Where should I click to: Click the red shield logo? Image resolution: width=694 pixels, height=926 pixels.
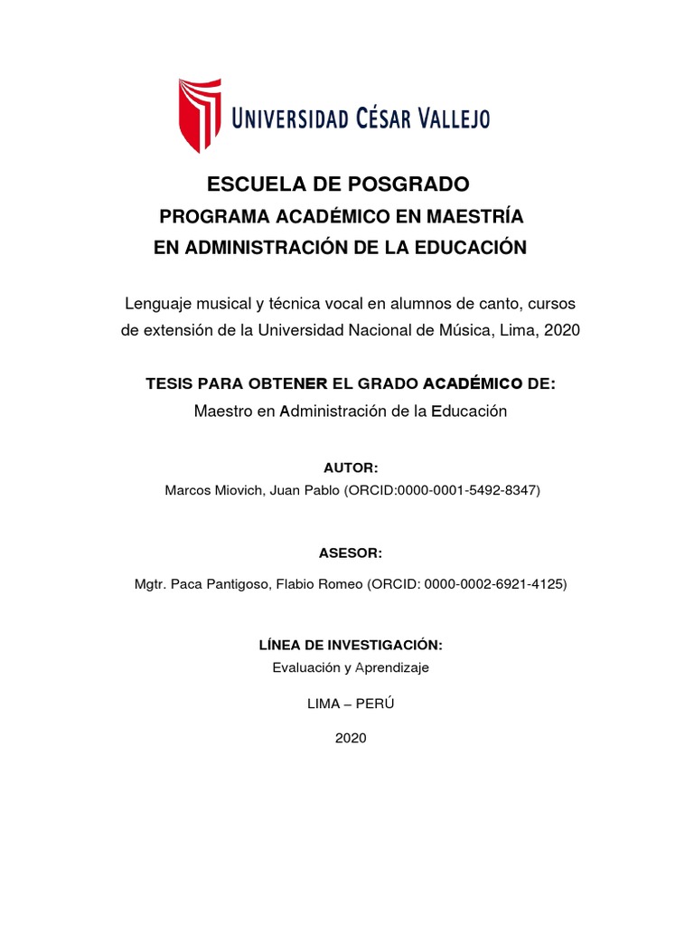click(x=199, y=114)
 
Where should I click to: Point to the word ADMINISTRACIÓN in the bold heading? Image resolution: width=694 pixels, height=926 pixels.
click(x=258, y=248)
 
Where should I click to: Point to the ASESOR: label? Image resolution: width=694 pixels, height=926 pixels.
click(x=351, y=553)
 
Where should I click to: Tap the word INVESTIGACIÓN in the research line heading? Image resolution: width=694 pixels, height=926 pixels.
click(x=391, y=645)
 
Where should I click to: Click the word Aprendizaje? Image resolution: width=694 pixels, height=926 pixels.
click(x=392, y=668)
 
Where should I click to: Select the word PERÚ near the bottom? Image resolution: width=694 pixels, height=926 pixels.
click(x=374, y=704)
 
